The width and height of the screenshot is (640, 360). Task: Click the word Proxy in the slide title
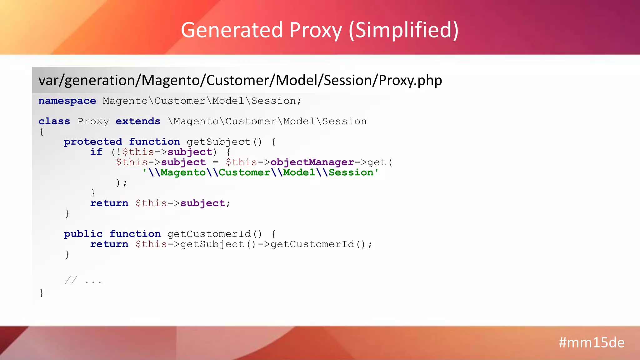[315, 30]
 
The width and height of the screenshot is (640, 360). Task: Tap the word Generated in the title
[232, 30]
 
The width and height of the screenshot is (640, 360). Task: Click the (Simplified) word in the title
[403, 30]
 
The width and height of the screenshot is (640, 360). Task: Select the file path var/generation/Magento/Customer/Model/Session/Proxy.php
[240, 80]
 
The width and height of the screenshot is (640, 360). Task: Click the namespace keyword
[67, 101]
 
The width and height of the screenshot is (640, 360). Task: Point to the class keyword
[54, 121]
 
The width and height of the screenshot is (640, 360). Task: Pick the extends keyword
[138, 121]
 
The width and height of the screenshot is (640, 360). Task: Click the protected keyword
[93, 142]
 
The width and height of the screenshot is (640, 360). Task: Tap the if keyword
[96, 152]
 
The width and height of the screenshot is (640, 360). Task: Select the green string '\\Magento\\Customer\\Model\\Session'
[261, 172]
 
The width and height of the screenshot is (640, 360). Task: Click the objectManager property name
[312, 162]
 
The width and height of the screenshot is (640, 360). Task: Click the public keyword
[83, 234]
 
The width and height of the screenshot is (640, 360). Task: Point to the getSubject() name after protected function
[224, 142]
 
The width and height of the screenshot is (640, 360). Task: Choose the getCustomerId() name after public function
[214, 234]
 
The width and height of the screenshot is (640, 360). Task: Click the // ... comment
[83, 280]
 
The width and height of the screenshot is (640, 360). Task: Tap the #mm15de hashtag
[591, 342]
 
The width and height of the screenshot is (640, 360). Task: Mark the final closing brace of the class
[42, 293]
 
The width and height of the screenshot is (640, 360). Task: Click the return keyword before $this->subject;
[109, 203]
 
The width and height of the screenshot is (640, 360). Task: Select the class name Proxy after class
[93, 121]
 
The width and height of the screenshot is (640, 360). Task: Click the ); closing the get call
[121, 183]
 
